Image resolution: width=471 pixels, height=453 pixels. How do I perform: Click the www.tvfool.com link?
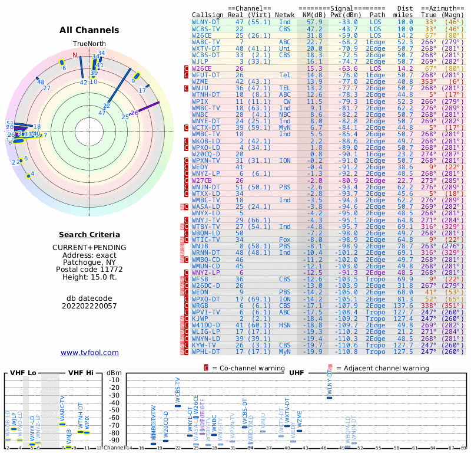click(x=89, y=353)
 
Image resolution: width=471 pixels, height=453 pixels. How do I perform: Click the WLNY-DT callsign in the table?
click(x=206, y=22)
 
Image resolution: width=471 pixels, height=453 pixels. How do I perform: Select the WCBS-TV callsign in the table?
click(x=206, y=29)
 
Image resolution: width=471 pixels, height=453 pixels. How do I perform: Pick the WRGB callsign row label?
click(x=200, y=306)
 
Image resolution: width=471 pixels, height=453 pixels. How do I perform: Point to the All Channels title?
click(x=89, y=30)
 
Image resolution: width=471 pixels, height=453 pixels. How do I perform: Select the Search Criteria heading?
click(x=89, y=235)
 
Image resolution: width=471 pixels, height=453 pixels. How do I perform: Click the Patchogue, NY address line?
click(x=89, y=261)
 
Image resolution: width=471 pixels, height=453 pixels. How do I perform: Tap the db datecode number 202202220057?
click(x=89, y=306)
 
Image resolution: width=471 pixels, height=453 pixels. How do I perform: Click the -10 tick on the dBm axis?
click(x=113, y=379)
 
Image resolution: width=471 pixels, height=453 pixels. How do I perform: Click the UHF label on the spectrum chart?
click(x=296, y=372)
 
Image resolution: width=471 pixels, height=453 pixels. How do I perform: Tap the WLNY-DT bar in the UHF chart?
click(x=330, y=398)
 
